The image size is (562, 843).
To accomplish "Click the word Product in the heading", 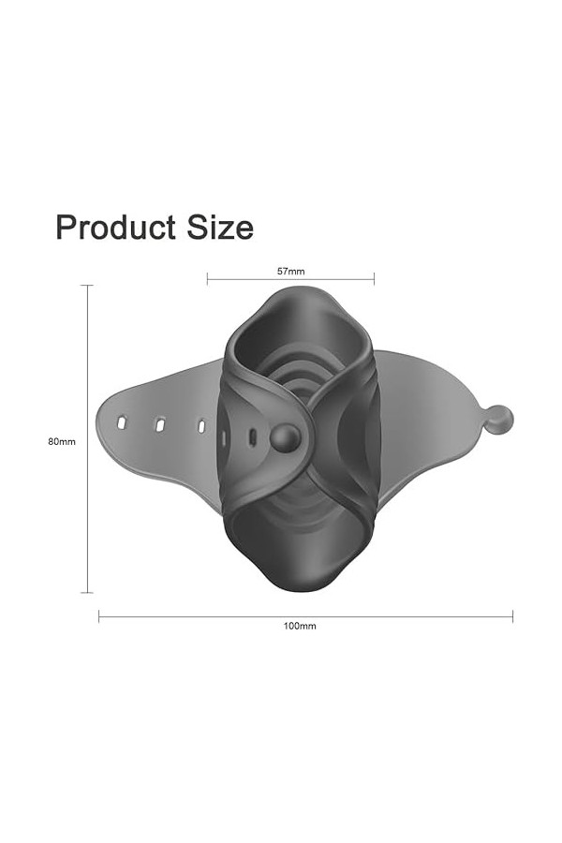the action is [x=115, y=227].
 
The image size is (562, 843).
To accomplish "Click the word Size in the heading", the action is [x=220, y=227].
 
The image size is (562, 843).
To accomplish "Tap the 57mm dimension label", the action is [x=291, y=272].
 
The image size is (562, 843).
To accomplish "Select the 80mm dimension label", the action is [x=62, y=441].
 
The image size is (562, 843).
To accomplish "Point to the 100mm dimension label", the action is [x=300, y=626].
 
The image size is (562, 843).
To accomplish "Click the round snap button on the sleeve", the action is [x=285, y=437].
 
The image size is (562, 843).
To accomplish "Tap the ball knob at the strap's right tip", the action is [x=500, y=419].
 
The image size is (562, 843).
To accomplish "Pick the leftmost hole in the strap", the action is [x=122, y=422].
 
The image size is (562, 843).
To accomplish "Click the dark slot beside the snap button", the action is [x=252, y=437].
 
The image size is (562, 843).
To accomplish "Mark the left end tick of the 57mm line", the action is [x=208, y=279].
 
